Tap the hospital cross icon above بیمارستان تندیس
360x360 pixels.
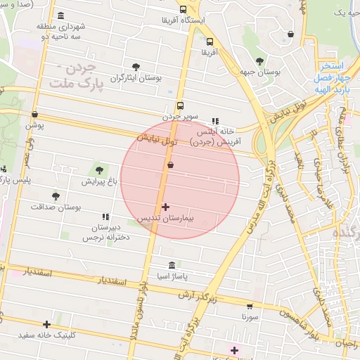(x=165, y=207)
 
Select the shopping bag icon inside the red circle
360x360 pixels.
(x=170, y=165)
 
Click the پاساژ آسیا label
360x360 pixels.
(x=172, y=277)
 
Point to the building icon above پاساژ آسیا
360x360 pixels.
(x=172, y=265)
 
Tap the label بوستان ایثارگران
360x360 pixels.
(x=136, y=78)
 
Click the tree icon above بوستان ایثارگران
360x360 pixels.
(x=136, y=67)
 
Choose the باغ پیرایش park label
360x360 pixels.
(x=98, y=181)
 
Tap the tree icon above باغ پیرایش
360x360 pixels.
(x=98, y=169)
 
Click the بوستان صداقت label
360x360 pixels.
(x=56, y=207)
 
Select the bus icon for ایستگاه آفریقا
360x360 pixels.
(x=184, y=10)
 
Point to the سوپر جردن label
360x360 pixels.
(x=181, y=116)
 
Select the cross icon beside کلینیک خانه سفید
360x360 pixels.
(x=46, y=324)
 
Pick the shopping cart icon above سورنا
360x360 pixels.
(x=250, y=306)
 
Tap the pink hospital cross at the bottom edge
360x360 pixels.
(x=234, y=350)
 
